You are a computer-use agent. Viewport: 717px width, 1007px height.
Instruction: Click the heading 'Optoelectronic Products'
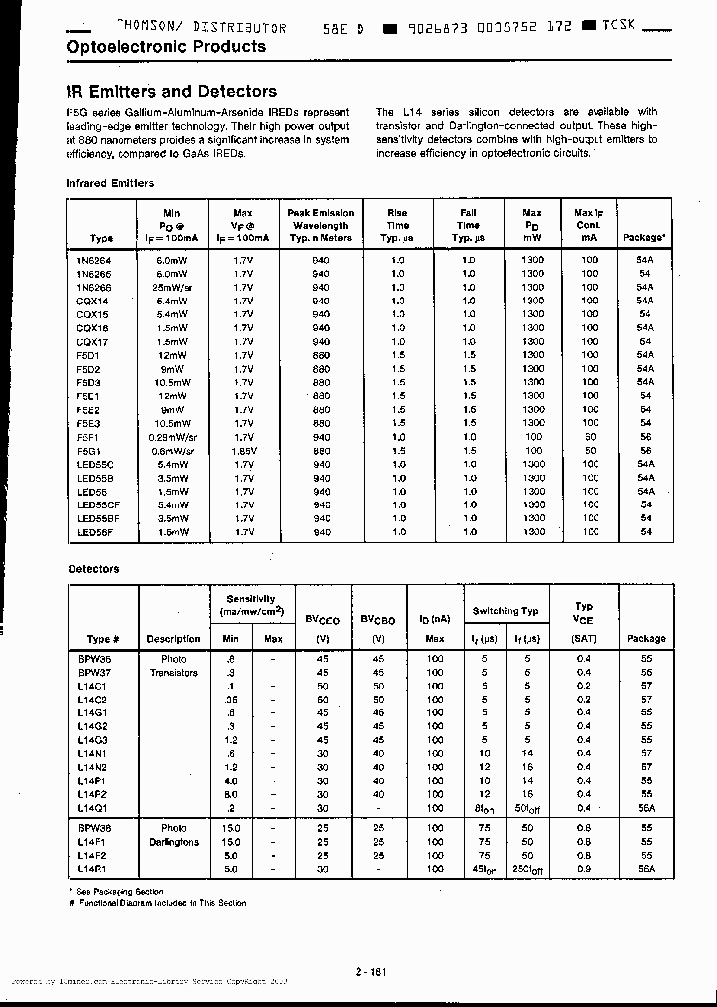165,47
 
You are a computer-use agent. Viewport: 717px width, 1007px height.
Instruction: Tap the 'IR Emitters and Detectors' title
170,92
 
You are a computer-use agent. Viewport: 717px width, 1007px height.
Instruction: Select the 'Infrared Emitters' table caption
110,183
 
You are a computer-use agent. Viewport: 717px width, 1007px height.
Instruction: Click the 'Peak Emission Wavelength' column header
320,226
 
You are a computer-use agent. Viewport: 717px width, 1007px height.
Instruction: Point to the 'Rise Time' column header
398,226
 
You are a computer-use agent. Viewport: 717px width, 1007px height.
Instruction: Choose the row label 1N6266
95,286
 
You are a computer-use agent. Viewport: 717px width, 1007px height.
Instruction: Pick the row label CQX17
94,340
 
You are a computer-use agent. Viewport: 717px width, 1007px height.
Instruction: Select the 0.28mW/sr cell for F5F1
171,436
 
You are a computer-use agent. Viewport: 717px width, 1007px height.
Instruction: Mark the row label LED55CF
98,504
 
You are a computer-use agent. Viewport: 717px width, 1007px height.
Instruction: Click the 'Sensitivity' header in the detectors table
251,599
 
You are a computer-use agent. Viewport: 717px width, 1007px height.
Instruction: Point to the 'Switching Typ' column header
505,611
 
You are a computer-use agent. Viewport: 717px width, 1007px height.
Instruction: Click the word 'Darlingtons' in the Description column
173,842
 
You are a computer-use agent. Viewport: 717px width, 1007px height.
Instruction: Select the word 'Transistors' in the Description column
173,672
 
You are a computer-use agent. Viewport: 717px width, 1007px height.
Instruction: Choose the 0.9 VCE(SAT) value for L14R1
583,868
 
